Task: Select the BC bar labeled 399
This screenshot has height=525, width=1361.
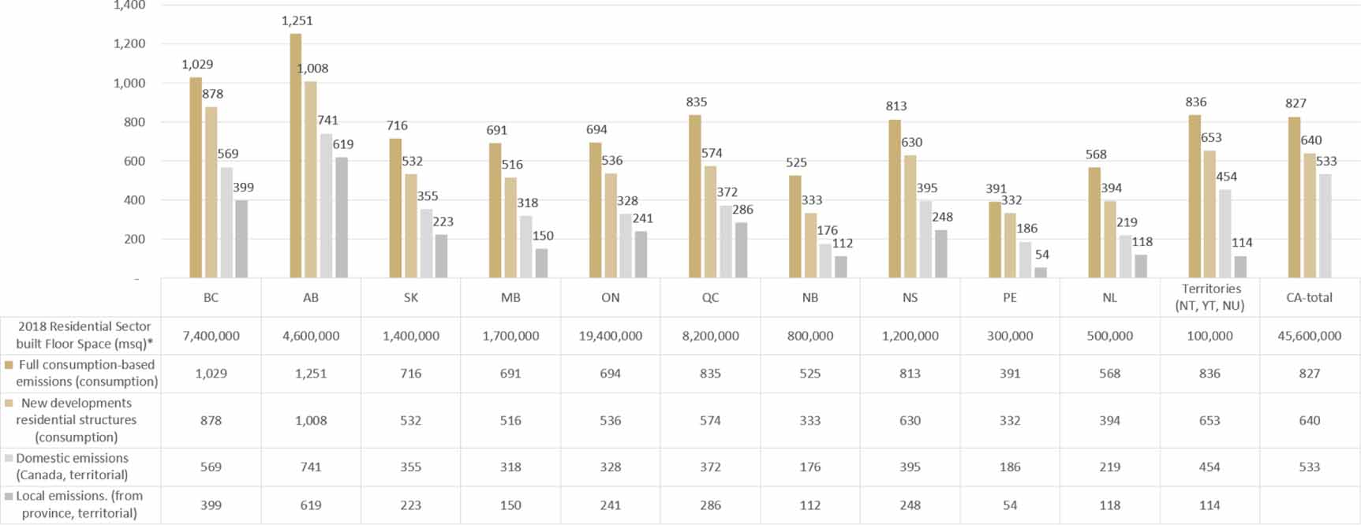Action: pyautogui.click(x=241, y=239)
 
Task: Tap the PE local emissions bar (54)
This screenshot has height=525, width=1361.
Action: pyautogui.click(x=1041, y=272)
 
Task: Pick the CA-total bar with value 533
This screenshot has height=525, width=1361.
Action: pyautogui.click(x=1325, y=226)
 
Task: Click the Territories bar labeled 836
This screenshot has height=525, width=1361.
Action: pyautogui.click(x=1195, y=196)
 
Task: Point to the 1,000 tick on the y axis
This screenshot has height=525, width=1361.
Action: pyautogui.click(x=129, y=83)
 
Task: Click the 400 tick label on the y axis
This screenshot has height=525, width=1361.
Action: pyautogui.click(x=134, y=200)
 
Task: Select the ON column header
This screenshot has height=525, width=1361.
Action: pyautogui.click(x=610, y=298)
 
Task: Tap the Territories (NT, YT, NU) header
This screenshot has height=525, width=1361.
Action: pyautogui.click(x=1210, y=297)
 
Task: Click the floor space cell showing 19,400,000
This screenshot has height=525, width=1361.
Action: pyautogui.click(x=610, y=336)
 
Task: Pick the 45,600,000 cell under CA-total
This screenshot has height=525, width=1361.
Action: pyautogui.click(x=1309, y=336)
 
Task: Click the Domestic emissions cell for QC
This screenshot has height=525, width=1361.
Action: pyautogui.click(x=710, y=467)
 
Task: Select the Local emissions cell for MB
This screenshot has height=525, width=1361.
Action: pyautogui.click(x=510, y=505)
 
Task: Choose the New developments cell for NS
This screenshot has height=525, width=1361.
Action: pyautogui.click(x=910, y=421)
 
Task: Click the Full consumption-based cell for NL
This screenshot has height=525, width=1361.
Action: pyautogui.click(x=1109, y=374)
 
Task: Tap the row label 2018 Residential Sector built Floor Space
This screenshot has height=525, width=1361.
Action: pyautogui.click(x=84, y=335)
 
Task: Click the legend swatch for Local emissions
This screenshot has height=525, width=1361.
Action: pyautogui.click(x=9, y=497)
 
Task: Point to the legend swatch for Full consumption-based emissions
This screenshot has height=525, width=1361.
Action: pyautogui.click(x=9, y=365)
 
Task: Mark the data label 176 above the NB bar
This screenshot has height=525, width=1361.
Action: pyautogui.click(x=827, y=230)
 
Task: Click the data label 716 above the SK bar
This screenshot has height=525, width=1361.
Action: pyautogui.click(x=397, y=126)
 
